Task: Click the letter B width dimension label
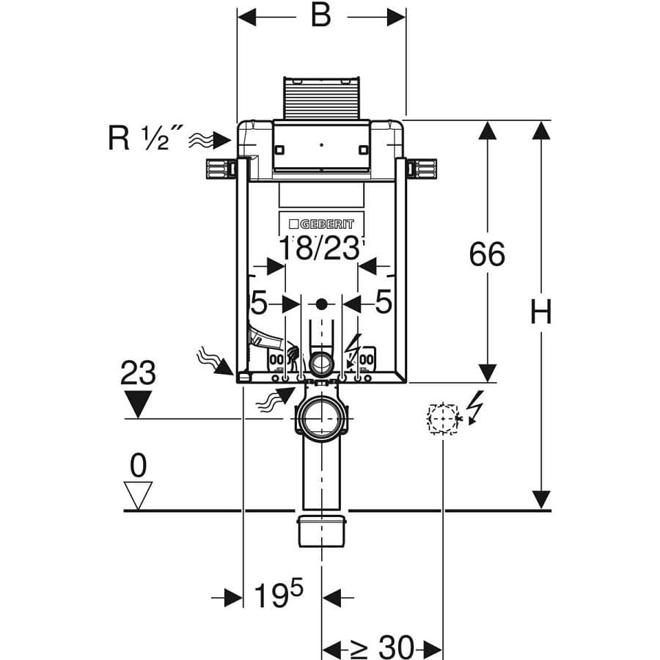coord(320,16)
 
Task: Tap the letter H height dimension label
coord(540,312)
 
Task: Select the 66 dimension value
coord(487,254)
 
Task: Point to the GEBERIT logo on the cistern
coord(322,224)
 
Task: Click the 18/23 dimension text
coord(320,249)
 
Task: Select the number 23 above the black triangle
coord(138,373)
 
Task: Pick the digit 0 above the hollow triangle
coord(138,466)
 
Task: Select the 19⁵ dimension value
coord(278,594)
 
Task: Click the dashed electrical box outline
coord(442,419)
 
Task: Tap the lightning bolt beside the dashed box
coord(476,408)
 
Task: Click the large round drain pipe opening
coord(322,419)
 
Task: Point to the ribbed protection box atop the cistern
coord(322,98)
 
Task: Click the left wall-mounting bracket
coord(221,169)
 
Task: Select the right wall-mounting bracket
coord(422,169)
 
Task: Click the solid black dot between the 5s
coord(322,304)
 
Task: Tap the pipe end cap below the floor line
coord(322,531)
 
